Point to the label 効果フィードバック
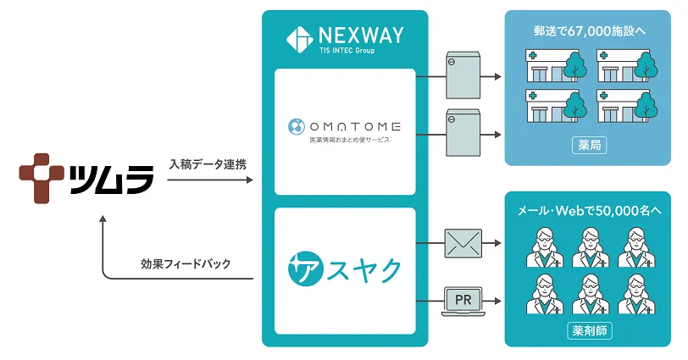point(198,263)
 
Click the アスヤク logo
point(343,269)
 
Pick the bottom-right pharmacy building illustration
point(626,105)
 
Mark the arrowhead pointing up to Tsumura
point(103,219)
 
